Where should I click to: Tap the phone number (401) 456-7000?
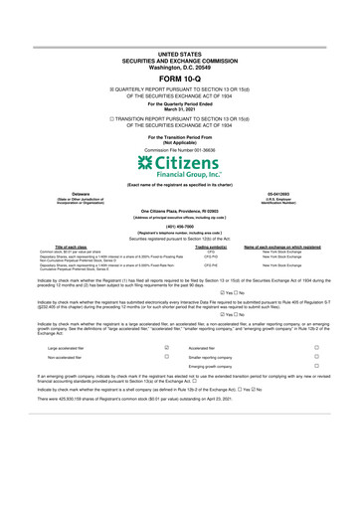[179, 224]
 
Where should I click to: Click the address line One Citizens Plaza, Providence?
[179, 211]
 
